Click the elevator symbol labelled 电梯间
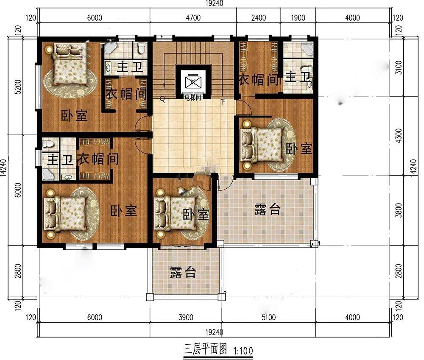(x=193, y=81)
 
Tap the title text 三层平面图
(x=205, y=349)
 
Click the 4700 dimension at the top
(x=193, y=18)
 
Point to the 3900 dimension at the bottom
(x=186, y=317)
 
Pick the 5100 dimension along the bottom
(x=268, y=317)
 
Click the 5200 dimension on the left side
(x=18, y=87)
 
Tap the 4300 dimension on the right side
(x=399, y=136)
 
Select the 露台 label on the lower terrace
(x=183, y=272)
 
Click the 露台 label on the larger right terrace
(x=268, y=209)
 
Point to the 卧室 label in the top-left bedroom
(x=74, y=116)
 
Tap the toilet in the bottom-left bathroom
(x=48, y=143)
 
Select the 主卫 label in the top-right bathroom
(x=298, y=77)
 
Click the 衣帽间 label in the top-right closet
(x=258, y=80)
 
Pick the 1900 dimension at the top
(x=298, y=18)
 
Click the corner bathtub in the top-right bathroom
(x=308, y=48)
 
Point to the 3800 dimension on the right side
(x=399, y=210)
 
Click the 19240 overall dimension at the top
(x=214, y=3)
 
